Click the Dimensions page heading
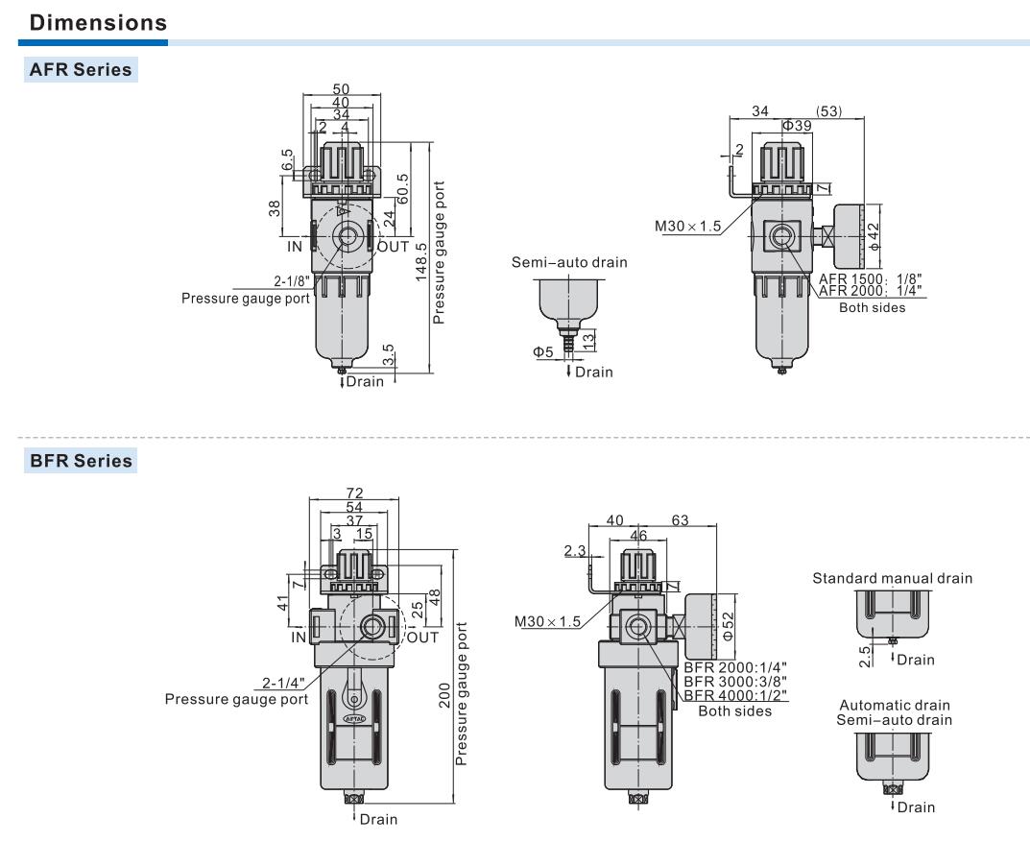click(99, 22)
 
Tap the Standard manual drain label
click(892, 578)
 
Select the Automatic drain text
click(895, 704)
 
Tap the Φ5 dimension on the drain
click(543, 352)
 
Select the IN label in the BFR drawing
click(299, 637)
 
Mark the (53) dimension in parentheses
click(826, 111)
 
